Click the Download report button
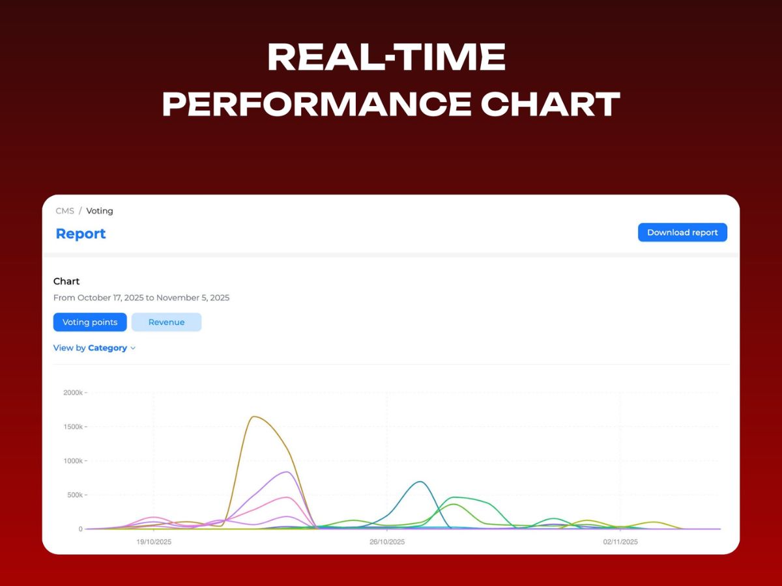682,232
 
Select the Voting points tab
90,322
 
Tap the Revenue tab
166,322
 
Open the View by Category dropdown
94,348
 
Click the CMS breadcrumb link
65,211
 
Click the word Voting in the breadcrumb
100,211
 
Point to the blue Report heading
81,234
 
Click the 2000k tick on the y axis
72,393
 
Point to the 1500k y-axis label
72,427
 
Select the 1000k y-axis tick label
72,461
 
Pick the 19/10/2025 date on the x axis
154,542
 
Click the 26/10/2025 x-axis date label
387,542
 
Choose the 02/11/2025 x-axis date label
620,542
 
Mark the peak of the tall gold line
253,417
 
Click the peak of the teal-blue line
421,482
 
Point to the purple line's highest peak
287,472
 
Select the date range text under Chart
141,298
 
